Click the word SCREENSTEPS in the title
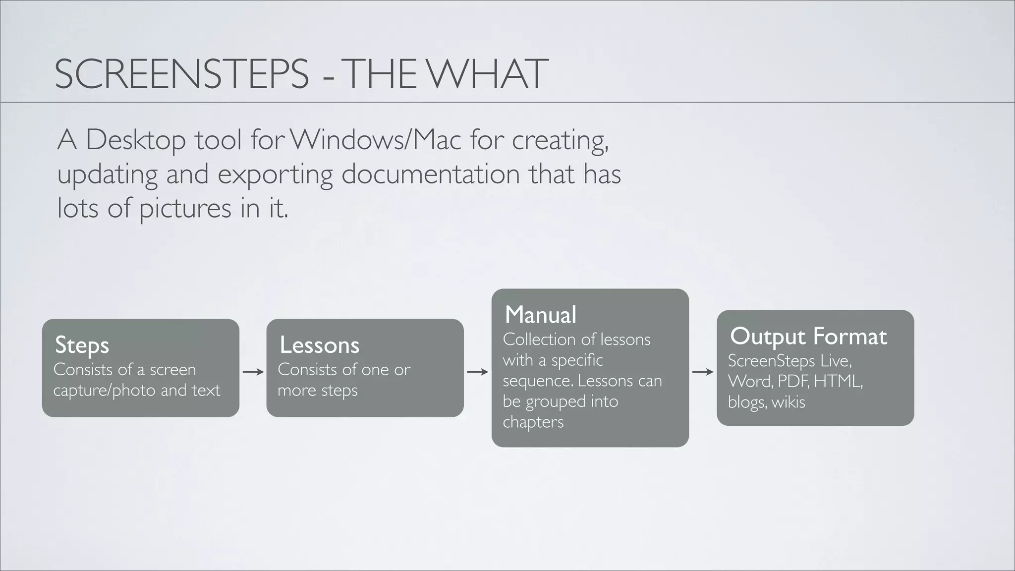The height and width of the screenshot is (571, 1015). [181, 74]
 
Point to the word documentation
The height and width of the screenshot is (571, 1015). [430, 174]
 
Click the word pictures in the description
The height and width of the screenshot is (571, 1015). [185, 208]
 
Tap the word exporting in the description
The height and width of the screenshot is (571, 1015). [275, 174]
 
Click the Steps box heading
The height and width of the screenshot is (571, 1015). [82, 345]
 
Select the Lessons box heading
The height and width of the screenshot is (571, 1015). [319, 345]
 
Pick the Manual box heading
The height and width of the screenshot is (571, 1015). [541, 314]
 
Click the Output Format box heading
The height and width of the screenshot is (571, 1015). [808, 336]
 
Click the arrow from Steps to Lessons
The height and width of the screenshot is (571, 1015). [253, 372]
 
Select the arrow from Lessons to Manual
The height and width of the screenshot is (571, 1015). [478, 372]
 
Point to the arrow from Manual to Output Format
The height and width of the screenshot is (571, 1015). [703, 372]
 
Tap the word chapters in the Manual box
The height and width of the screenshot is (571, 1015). [533, 422]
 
